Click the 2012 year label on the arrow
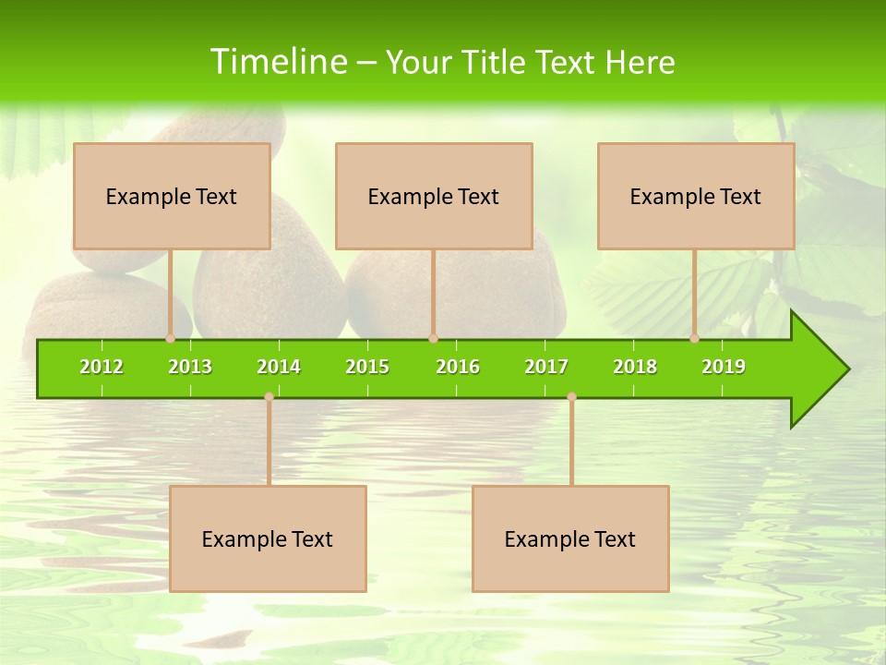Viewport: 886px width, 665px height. pos(102,367)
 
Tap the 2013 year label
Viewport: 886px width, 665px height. pos(190,367)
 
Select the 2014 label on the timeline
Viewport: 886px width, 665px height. pos(279,367)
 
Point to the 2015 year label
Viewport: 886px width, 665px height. pos(367,367)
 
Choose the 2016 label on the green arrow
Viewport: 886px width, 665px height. pos(458,367)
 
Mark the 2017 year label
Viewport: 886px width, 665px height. pos(546,367)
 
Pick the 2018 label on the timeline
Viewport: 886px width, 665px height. pos(635,367)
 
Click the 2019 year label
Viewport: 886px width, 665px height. pos(724,367)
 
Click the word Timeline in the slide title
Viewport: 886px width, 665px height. pos(278,62)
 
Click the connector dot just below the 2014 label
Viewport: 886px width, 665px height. pos(269,396)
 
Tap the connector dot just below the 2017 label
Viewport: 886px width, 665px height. pos(571,396)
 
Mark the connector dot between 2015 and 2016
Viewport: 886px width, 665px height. pos(433,338)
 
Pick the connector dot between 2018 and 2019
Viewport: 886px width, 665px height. pos(695,338)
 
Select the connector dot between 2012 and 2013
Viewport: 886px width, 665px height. pos(171,338)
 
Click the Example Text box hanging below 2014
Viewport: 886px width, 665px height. pos(268,538)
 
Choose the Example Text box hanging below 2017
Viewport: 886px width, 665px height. pos(570,538)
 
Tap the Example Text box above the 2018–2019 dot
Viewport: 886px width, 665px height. pos(696,196)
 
